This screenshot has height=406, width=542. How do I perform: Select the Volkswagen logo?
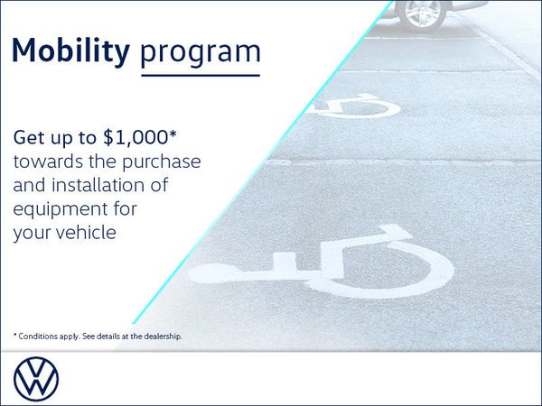point(37,378)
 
